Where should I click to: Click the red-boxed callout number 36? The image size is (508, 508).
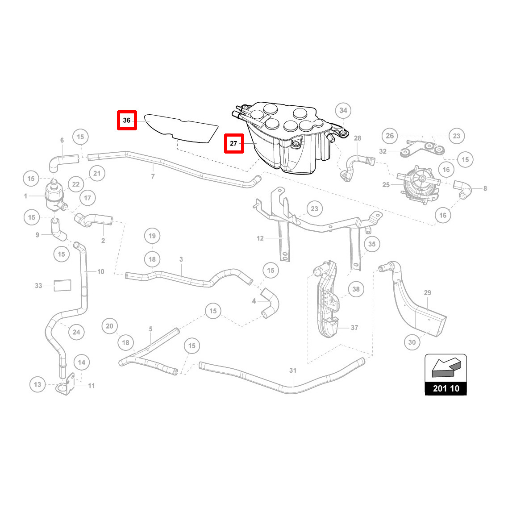pyautogui.click(x=127, y=120)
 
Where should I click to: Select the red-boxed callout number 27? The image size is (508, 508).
pyautogui.click(x=234, y=143)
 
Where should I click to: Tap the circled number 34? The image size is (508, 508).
pyautogui.click(x=343, y=110)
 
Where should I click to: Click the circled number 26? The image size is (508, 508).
pyautogui.click(x=390, y=136)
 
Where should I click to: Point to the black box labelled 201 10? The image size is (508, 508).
pyautogui.click(x=446, y=388)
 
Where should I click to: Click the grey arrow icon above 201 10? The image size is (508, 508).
pyautogui.click(x=446, y=368)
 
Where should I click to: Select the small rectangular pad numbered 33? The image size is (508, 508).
pyautogui.click(x=62, y=285)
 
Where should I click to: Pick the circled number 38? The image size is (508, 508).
pyautogui.click(x=356, y=289)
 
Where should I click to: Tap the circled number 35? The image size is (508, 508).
pyautogui.click(x=371, y=244)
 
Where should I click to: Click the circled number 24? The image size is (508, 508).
pyautogui.click(x=76, y=332)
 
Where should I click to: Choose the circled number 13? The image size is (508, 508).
pyautogui.click(x=37, y=384)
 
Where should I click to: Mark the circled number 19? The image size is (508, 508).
pyautogui.click(x=152, y=236)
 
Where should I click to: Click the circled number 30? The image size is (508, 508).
pyautogui.click(x=412, y=342)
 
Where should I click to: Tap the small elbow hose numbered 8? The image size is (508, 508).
pyautogui.click(x=462, y=189)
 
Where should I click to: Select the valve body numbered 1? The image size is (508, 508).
pyautogui.click(x=54, y=194)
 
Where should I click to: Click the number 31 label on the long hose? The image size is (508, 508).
pyautogui.click(x=293, y=370)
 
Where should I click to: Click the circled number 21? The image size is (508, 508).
pyautogui.click(x=97, y=173)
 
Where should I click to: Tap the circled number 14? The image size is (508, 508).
pyautogui.click(x=82, y=362)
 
